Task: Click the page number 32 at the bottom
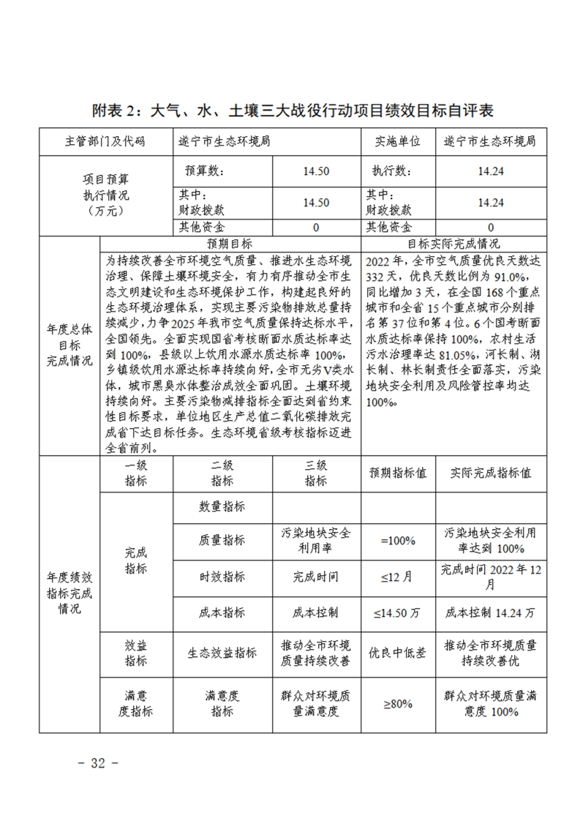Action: point(97,762)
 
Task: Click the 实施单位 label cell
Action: point(398,141)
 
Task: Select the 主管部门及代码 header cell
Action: point(105,141)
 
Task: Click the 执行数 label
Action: point(388,171)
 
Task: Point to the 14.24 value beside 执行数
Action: point(491,171)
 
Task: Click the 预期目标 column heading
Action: point(230,243)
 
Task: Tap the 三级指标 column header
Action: point(315,473)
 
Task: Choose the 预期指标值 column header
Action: point(398,473)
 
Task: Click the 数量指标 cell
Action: point(222,506)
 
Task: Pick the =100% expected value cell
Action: point(398,541)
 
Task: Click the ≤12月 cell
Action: point(398,577)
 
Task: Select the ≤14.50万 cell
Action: point(398,612)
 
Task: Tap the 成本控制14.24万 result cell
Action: point(491,612)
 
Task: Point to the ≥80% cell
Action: point(398,703)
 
